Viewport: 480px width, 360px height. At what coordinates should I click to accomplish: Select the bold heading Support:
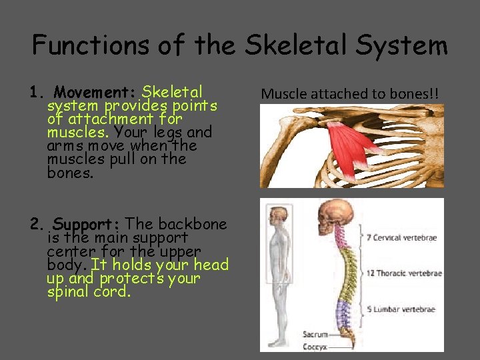click(87, 224)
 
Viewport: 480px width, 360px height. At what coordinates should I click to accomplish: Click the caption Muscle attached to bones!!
click(350, 93)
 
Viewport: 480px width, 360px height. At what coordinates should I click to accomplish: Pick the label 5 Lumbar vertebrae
click(401, 309)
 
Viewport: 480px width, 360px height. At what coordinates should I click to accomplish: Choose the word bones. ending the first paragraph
click(71, 173)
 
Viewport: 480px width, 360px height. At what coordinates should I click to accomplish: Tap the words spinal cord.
click(87, 291)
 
